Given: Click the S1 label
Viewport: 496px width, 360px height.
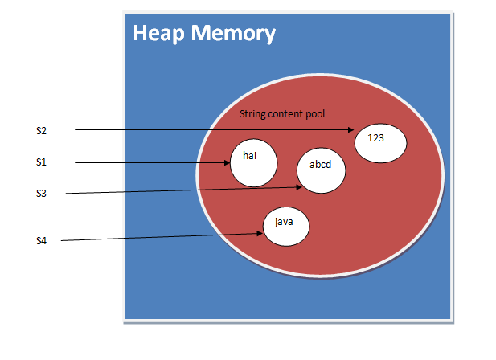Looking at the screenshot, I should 42,162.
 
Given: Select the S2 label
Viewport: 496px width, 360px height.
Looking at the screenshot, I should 42,129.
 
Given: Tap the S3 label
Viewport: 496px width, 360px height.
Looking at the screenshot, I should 42,193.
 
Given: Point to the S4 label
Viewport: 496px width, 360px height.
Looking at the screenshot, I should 42,240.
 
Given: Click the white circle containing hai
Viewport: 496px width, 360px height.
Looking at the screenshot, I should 253,163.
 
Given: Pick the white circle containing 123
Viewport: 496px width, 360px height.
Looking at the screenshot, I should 380,144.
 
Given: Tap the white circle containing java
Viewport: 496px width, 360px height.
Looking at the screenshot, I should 285,226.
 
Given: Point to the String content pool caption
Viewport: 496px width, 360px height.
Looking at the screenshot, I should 282,114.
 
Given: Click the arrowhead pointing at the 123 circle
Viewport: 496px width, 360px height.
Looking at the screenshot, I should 351,130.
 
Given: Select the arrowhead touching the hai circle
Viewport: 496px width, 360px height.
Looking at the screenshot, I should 228,163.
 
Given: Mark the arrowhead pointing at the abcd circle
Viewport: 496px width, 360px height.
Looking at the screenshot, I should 298,187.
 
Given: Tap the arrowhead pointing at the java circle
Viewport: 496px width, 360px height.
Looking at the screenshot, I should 260,233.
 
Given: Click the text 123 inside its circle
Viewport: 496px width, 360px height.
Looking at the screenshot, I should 375,137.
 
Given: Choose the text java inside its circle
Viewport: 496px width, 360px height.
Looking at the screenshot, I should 283,219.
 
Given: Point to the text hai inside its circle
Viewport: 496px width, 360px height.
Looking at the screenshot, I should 249,156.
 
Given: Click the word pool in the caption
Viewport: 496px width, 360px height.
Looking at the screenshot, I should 314,114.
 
